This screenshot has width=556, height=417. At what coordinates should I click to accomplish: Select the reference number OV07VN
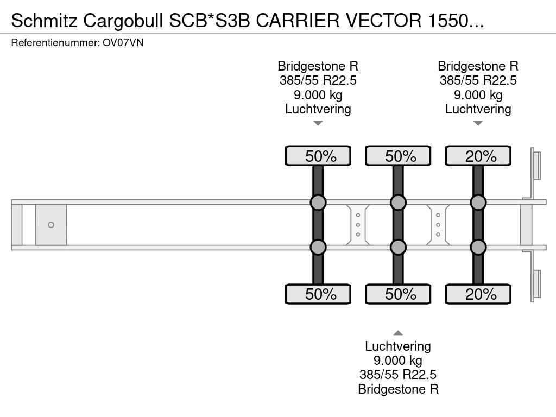tap(123, 43)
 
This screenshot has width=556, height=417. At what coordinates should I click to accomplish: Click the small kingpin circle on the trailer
tap(51, 225)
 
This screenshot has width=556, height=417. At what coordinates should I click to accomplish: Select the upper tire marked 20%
tap(478, 156)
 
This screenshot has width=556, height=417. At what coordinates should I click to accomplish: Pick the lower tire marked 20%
tap(478, 294)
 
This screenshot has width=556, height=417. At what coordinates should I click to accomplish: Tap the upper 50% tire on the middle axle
tap(398, 156)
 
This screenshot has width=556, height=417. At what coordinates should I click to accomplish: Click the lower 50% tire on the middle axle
tap(398, 294)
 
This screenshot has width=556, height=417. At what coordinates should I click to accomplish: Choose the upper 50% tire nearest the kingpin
tap(318, 156)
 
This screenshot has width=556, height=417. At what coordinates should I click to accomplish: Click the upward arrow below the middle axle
tap(398, 333)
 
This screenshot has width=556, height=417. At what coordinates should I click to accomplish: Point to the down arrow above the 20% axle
tap(478, 123)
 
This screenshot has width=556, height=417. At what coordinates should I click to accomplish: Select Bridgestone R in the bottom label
tap(398, 389)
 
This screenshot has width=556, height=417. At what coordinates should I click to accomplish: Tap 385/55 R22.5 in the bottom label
tap(398, 375)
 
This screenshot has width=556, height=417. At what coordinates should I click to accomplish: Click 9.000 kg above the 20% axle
tap(478, 95)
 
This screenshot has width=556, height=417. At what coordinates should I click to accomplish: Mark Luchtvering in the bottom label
tap(398, 346)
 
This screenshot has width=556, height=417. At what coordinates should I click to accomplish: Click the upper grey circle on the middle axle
tap(398, 203)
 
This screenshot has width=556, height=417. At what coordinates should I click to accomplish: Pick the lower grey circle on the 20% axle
tap(478, 247)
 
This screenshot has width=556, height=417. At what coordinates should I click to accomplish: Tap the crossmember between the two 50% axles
tap(358, 225)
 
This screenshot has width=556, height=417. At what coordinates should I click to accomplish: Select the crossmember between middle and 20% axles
tap(438, 225)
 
